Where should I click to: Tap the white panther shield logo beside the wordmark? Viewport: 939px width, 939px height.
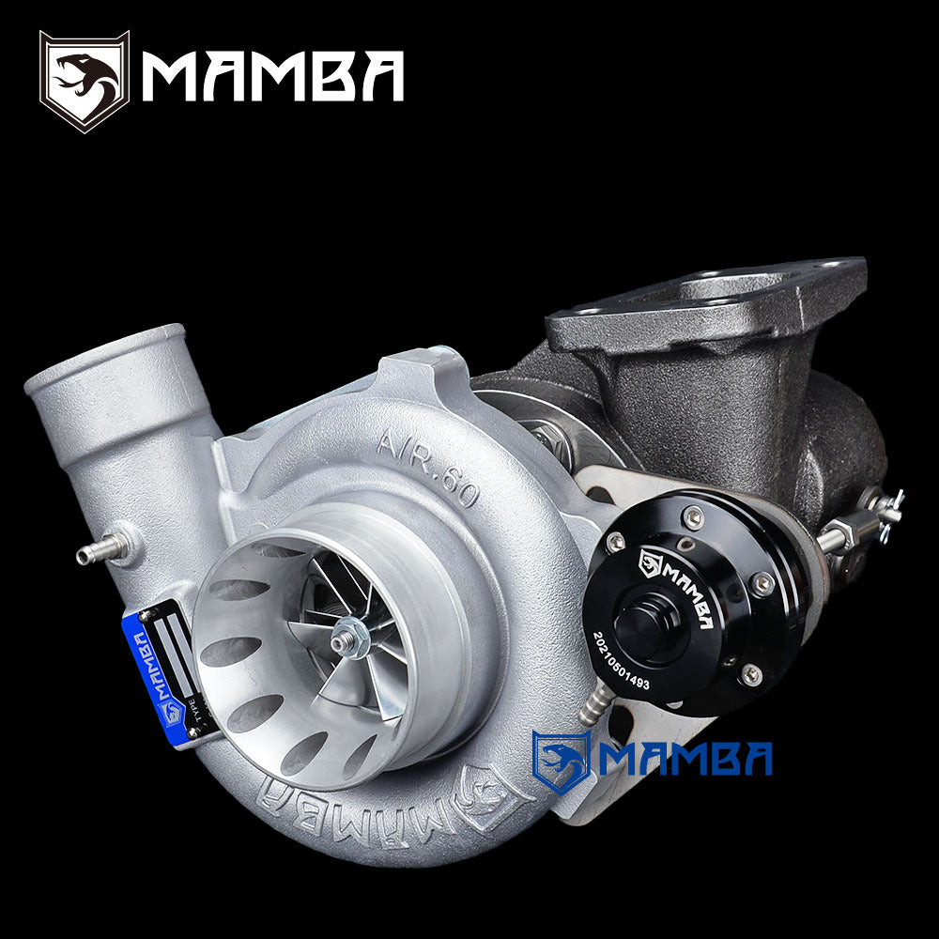84,81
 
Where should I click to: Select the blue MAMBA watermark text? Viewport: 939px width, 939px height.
685,759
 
